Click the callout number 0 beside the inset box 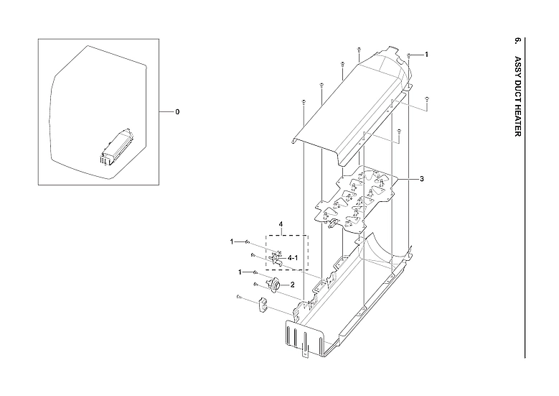click(177, 112)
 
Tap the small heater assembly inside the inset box click(116, 146)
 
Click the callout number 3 click(421, 178)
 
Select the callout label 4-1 click(293, 257)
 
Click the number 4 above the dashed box click(281, 225)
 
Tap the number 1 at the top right click(426, 55)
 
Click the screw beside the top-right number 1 click(408, 55)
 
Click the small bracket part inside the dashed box click(276, 257)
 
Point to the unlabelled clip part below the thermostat click(262, 305)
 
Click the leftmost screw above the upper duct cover click(304, 102)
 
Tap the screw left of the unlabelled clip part click(238, 297)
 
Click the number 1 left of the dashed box click(232, 241)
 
